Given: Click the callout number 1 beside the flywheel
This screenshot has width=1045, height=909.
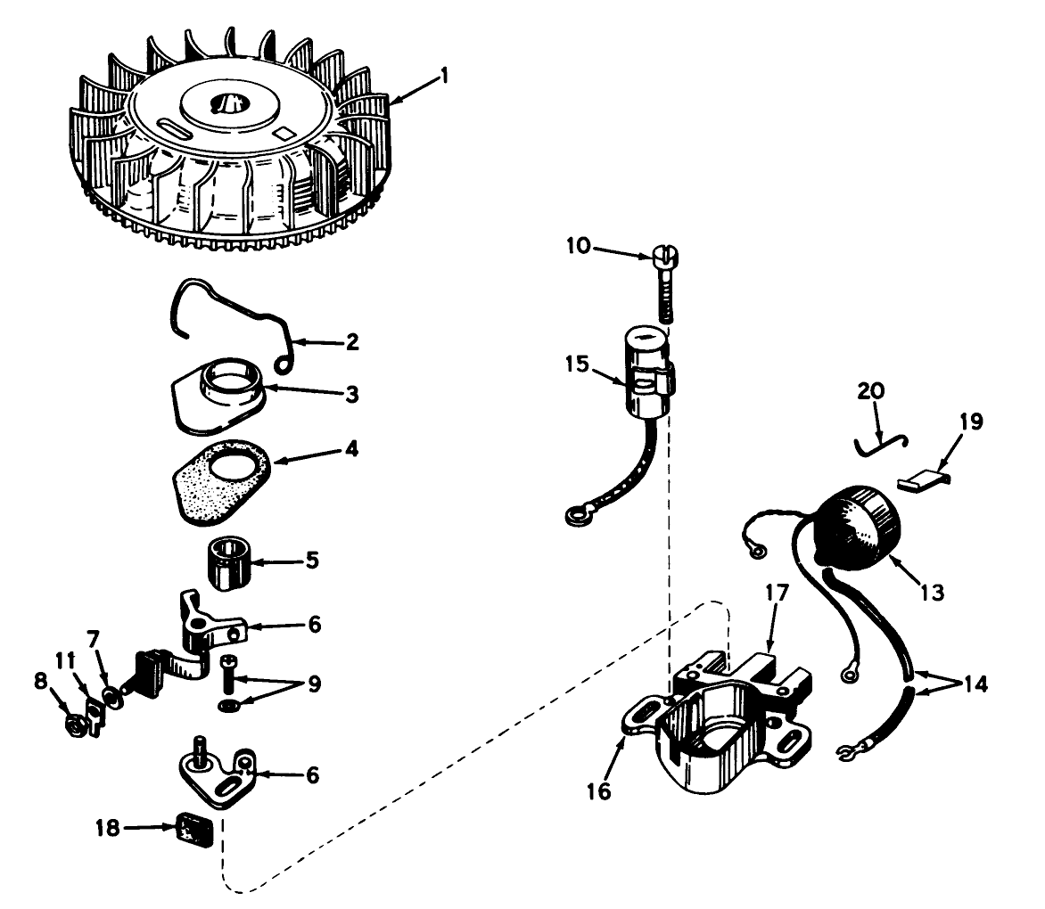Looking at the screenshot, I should point(442,76).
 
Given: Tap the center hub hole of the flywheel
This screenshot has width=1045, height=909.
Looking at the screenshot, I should point(222,104).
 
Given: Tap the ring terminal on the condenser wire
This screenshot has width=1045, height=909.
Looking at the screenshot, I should point(576,513).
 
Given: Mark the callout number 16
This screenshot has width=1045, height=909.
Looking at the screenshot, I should point(600,790).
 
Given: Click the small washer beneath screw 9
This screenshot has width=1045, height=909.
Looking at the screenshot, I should point(228,707).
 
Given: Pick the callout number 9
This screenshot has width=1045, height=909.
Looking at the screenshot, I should point(314,685).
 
